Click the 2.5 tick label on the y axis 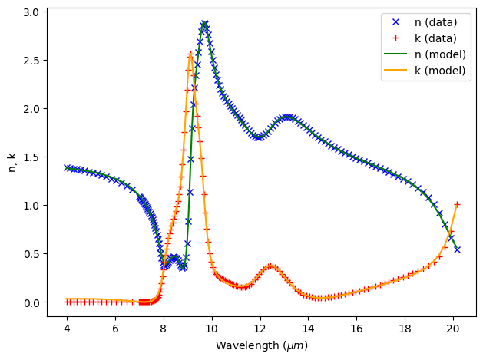point(29,60)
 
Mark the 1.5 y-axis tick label point(29,157)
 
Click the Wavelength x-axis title point(262,345)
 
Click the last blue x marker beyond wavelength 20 point(457,249)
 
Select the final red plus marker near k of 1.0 point(457,205)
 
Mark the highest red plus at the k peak point(190,54)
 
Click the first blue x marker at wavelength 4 point(67,167)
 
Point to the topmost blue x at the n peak point(204,24)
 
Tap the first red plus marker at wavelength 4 point(67,302)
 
